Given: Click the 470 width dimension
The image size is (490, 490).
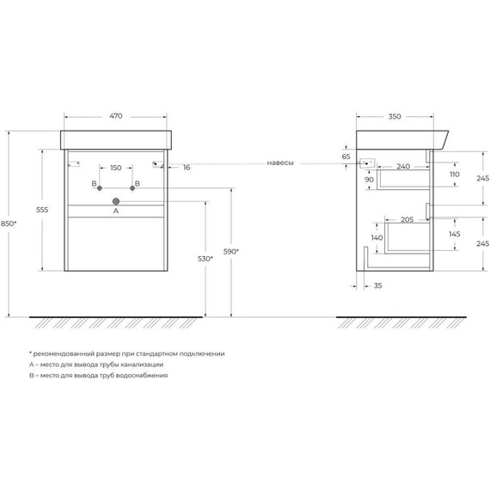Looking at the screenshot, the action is pyautogui.click(x=116, y=116).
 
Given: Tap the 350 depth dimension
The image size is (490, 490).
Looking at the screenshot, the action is pyautogui.click(x=395, y=117).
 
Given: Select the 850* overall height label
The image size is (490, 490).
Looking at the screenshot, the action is pyautogui.click(x=9, y=224).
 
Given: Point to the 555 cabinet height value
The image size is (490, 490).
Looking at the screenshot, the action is pyautogui.click(x=42, y=210).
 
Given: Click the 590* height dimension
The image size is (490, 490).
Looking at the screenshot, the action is pyautogui.click(x=231, y=251).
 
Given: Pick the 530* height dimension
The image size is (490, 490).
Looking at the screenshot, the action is pyautogui.click(x=205, y=259).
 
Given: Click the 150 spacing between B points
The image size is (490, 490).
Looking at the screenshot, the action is pyautogui.click(x=116, y=168).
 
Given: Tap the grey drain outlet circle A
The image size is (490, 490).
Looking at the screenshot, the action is pyautogui.click(x=116, y=201).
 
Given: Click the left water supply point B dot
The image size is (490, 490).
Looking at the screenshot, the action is pyautogui.click(x=100, y=188).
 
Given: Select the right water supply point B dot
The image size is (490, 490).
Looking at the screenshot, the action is pyautogui.click(x=132, y=188).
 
